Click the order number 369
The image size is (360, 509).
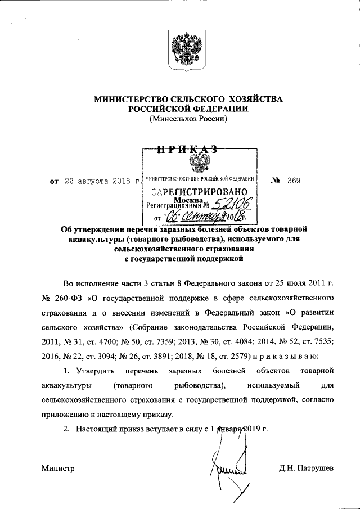click(x=294, y=181)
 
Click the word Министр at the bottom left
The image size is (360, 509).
click(x=58, y=469)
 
